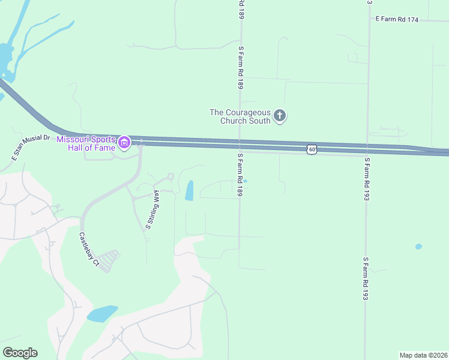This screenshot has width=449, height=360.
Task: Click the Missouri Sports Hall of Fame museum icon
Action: click(124, 143)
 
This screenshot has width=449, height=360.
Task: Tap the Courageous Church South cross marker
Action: click(280, 116)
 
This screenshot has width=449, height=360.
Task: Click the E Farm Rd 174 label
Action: click(397, 19)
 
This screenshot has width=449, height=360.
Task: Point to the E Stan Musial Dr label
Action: click(29, 147)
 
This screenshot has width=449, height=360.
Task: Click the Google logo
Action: click(20, 353)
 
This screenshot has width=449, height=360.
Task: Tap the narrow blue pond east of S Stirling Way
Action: click(190, 190)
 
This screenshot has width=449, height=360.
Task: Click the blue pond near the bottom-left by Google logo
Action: click(102, 314)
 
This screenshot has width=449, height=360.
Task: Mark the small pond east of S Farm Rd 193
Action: click(418, 247)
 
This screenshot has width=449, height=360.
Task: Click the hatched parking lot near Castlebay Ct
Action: click(108, 261)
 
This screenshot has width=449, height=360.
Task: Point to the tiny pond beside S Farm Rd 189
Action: click(245, 181)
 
